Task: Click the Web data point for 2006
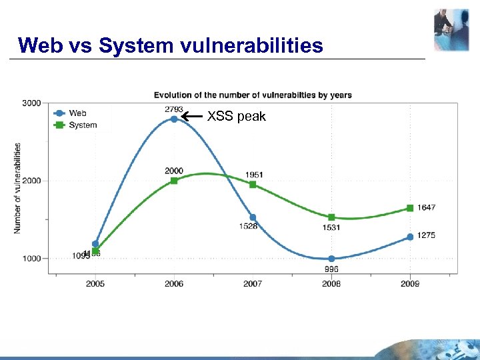174,119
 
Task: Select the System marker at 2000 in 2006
174,181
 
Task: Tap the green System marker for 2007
253,184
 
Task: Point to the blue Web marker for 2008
331,259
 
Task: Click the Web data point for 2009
410,237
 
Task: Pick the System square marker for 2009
410,208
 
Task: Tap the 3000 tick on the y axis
31,103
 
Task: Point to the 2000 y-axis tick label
31,181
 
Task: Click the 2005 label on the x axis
95,284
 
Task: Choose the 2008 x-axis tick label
331,284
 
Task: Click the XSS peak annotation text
236,117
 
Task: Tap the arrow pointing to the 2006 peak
193,117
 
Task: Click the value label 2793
174,109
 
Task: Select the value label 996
331,269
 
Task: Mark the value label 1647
427,207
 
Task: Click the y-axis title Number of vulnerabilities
17,188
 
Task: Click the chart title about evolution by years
253,95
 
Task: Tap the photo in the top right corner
451,30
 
